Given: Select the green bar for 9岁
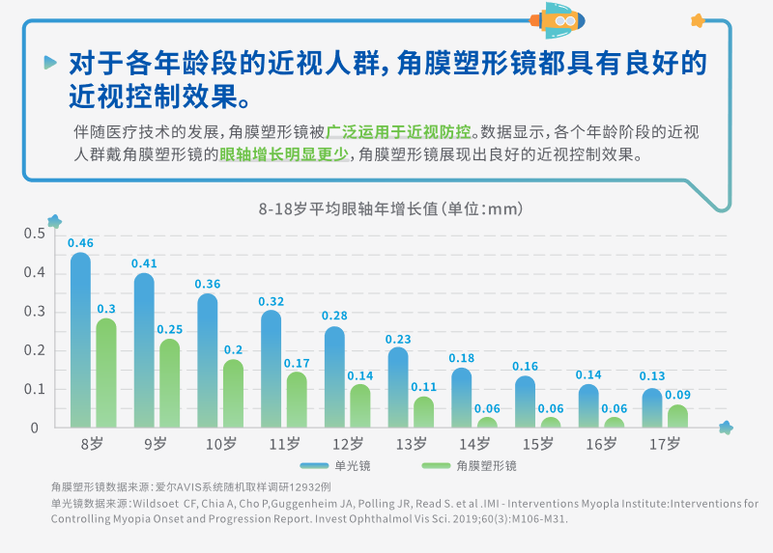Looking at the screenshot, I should point(169,383).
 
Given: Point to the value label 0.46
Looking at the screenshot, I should point(80,242).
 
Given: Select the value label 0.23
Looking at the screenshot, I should point(398,339).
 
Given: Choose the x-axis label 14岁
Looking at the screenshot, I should point(475,444).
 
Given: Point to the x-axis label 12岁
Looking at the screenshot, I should point(348,444).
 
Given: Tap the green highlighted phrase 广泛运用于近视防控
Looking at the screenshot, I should point(399,131).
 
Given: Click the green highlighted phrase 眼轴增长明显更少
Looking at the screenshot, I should point(283,153).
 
